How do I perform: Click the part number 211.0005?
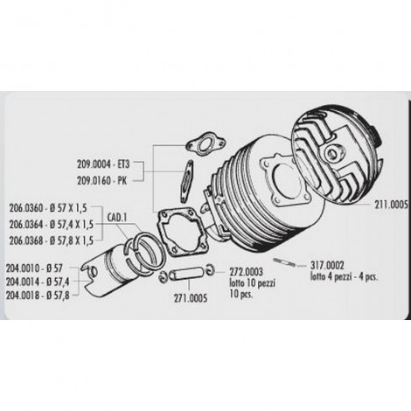[392, 205]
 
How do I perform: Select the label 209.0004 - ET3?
[103, 164]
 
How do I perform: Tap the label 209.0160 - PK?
[102, 181]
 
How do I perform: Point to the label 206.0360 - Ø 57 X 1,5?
[48, 208]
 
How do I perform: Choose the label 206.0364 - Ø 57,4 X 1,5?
[52, 225]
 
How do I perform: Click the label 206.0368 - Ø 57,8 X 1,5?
[52, 240]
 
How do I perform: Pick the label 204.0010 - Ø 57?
[34, 268]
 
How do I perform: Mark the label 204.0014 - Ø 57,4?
[38, 282]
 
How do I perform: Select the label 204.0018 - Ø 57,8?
[38, 296]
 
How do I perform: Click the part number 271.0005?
[191, 298]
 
